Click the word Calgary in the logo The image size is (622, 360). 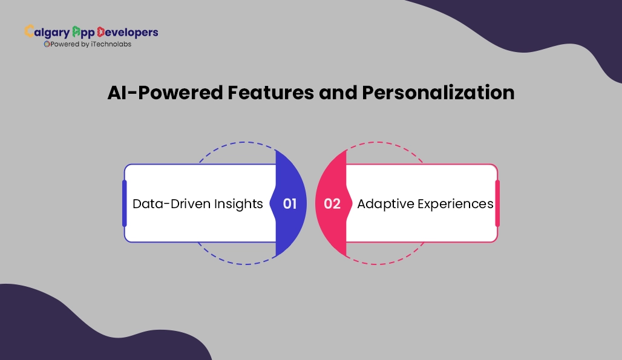pyautogui.click(x=47, y=32)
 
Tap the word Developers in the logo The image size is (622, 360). pyautogui.click(x=128, y=32)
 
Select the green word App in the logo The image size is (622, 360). pyautogui.click(x=83, y=33)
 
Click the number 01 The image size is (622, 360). pyautogui.click(x=290, y=204)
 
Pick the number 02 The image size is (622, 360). pyautogui.click(x=332, y=204)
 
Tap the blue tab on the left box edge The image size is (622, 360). pyautogui.click(x=125, y=203)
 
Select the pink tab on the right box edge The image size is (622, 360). pyautogui.click(x=497, y=203)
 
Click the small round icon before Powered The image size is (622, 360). pyautogui.click(x=47, y=44)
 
